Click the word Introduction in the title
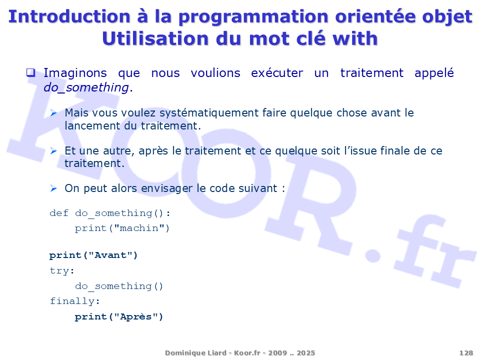tap(69, 16)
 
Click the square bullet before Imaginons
tap(30, 73)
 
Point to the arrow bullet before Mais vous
tap(53, 113)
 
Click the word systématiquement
tap(209, 113)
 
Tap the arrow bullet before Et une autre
tap(53, 151)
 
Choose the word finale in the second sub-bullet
tap(395, 150)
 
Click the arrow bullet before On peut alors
tap(53, 188)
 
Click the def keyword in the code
tap(59, 213)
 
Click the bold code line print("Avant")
tap(93, 255)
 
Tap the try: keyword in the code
tap(62, 270)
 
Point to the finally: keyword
tap(74, 301)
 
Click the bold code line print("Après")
tap(119, 316)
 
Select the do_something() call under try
tap(119, 286)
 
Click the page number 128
tap(466, 353)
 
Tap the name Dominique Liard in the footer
tap(195, 353)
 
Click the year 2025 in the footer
tap(305, 353)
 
